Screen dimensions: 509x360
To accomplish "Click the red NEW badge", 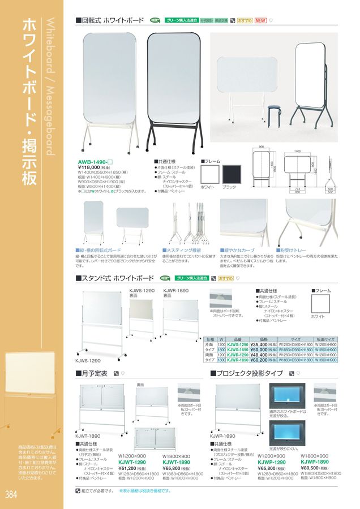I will pos(260,20).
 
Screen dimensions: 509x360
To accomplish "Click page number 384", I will pos(10,494).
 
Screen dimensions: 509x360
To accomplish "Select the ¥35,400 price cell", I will pos(260,344).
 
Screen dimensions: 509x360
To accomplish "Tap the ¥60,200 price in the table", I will pos(260,360).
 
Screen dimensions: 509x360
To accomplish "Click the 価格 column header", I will pos(263,338).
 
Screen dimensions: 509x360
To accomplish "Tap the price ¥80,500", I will pos(313,468).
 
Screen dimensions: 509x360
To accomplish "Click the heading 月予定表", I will pos(94,373).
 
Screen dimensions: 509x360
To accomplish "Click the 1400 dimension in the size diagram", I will pos(297,152).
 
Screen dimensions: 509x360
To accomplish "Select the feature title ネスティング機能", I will pos(183,249).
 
